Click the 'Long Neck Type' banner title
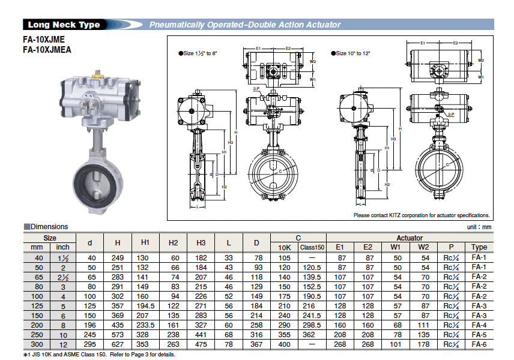(64, 25)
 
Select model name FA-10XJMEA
(47, 50)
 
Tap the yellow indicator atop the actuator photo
(98, 76)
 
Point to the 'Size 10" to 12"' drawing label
(351, 53)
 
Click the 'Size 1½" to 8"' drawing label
(198, 53)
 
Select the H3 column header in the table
(201, 243)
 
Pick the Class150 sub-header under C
(312, 247)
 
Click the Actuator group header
(410, 238)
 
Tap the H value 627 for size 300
(117, 344)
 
